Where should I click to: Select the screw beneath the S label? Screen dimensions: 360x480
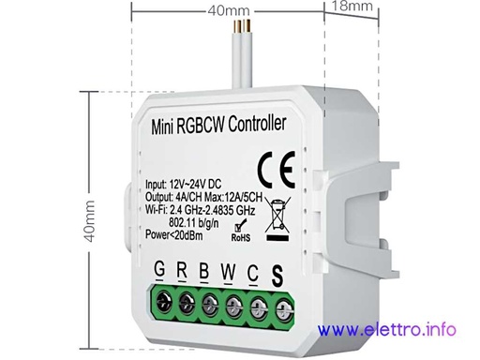click(x=278, y=304)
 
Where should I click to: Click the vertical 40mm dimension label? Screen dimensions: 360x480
click(x=91, y=220)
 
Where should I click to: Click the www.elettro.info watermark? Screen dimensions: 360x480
click(x=387, y=329)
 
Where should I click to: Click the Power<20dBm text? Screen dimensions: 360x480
click(x=179, y=235)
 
